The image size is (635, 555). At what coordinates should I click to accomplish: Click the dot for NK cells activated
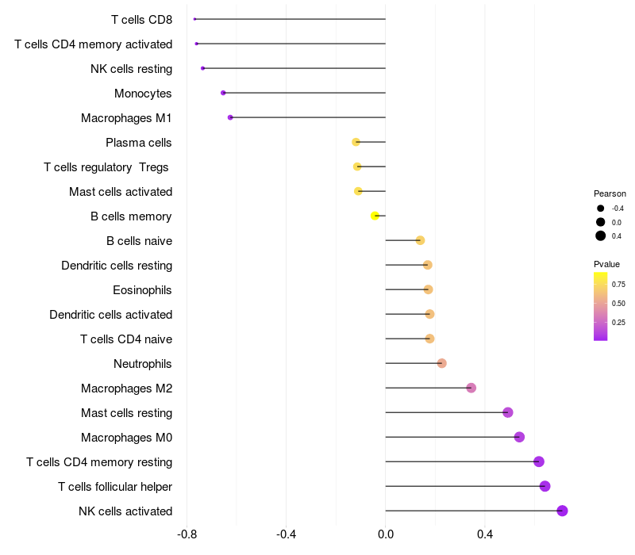pos(562,511)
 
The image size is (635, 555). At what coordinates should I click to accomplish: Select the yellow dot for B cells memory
pos(375,216)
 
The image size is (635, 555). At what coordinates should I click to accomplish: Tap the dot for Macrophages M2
pos(471,388)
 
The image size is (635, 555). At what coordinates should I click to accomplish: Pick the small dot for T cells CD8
pos(194,19)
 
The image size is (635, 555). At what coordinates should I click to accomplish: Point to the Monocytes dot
pos(223,93)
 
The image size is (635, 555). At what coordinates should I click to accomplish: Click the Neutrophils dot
pos(442,363)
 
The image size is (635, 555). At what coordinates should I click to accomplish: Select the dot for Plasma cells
pos(356,142)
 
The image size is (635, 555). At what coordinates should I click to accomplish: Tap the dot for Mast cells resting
pos(508,412)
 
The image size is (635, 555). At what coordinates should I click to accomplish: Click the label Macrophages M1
pos(126,118)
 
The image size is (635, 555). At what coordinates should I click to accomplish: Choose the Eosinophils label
pos(142,290)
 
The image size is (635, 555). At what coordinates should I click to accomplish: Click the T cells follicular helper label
pos(115,487)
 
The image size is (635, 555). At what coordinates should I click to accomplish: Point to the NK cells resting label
pos(131,69)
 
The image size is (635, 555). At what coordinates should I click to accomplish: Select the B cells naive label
pos(140,241)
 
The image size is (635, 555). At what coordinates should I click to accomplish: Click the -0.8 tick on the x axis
pos(187,534)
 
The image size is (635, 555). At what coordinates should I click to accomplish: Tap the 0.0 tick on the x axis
pos(386,534)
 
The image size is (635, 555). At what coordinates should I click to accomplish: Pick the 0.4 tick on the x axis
pos(485,534)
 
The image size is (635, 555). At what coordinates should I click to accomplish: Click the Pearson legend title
pos(610,193)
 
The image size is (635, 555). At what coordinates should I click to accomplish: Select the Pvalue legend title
pos(606,264)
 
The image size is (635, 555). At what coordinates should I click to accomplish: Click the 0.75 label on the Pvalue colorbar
pos(618,285)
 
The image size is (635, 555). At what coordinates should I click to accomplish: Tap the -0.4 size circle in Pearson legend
pos(601,209)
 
